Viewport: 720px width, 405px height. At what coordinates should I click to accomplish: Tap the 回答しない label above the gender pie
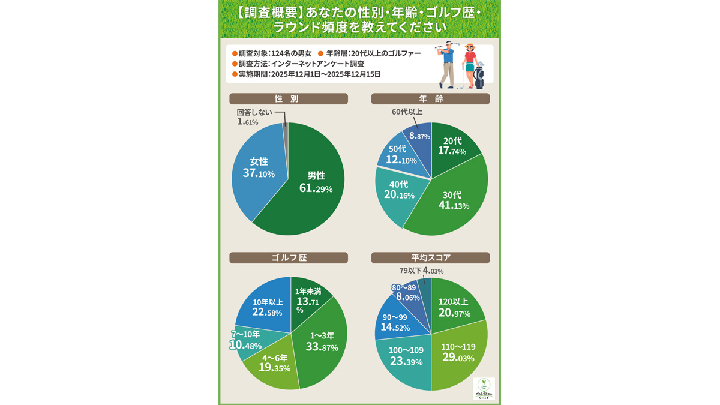pyautogui.click(x=254, y=112)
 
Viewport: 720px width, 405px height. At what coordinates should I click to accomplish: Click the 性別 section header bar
pyautogui.click(x=288, y=99)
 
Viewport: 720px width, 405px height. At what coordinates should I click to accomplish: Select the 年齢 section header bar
pyautogui.click(x=430, y=99)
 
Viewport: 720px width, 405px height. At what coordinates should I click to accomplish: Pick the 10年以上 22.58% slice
pyautogui.click(x=265, y=307)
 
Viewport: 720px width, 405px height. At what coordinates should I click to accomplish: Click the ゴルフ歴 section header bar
pyautogui.click(x=288, y=258)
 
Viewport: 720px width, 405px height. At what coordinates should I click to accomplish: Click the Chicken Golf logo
pyautogui.click(x=484, y=388)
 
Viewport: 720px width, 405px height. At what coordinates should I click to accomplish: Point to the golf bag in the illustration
pyautogui.click(x=479, y=76)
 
